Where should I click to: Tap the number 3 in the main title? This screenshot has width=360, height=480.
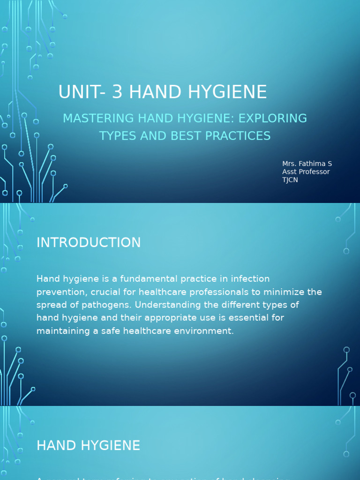(x=117, y=92)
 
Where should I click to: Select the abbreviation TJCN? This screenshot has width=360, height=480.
(x=290, y=180)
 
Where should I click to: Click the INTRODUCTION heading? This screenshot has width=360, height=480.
(x=89, y=242)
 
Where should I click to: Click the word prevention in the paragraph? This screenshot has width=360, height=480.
(x=58, y=292)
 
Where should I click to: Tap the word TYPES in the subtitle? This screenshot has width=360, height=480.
(x=115, y=136)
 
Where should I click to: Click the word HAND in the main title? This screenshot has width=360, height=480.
(x=150, y=92)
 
